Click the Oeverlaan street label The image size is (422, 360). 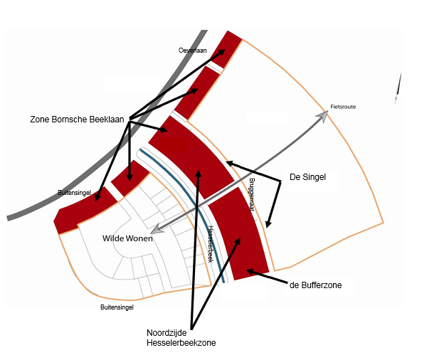192,51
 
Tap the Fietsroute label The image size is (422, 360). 343,107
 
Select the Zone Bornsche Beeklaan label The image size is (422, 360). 77,120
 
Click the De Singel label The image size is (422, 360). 307,177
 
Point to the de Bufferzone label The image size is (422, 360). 315,285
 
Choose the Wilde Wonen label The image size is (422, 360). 127,238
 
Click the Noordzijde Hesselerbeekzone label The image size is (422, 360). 181,338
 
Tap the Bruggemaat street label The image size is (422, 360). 252,194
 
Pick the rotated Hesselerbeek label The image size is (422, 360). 211,244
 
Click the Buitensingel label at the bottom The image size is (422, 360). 117,307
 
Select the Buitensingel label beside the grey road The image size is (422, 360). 74,193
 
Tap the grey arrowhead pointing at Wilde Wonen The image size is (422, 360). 156,230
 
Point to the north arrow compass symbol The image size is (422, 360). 398,88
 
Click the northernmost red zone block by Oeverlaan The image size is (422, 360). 226,49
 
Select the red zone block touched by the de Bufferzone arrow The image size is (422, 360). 239,233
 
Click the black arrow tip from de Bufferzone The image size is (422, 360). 247,270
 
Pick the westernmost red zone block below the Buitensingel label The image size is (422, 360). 85,211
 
